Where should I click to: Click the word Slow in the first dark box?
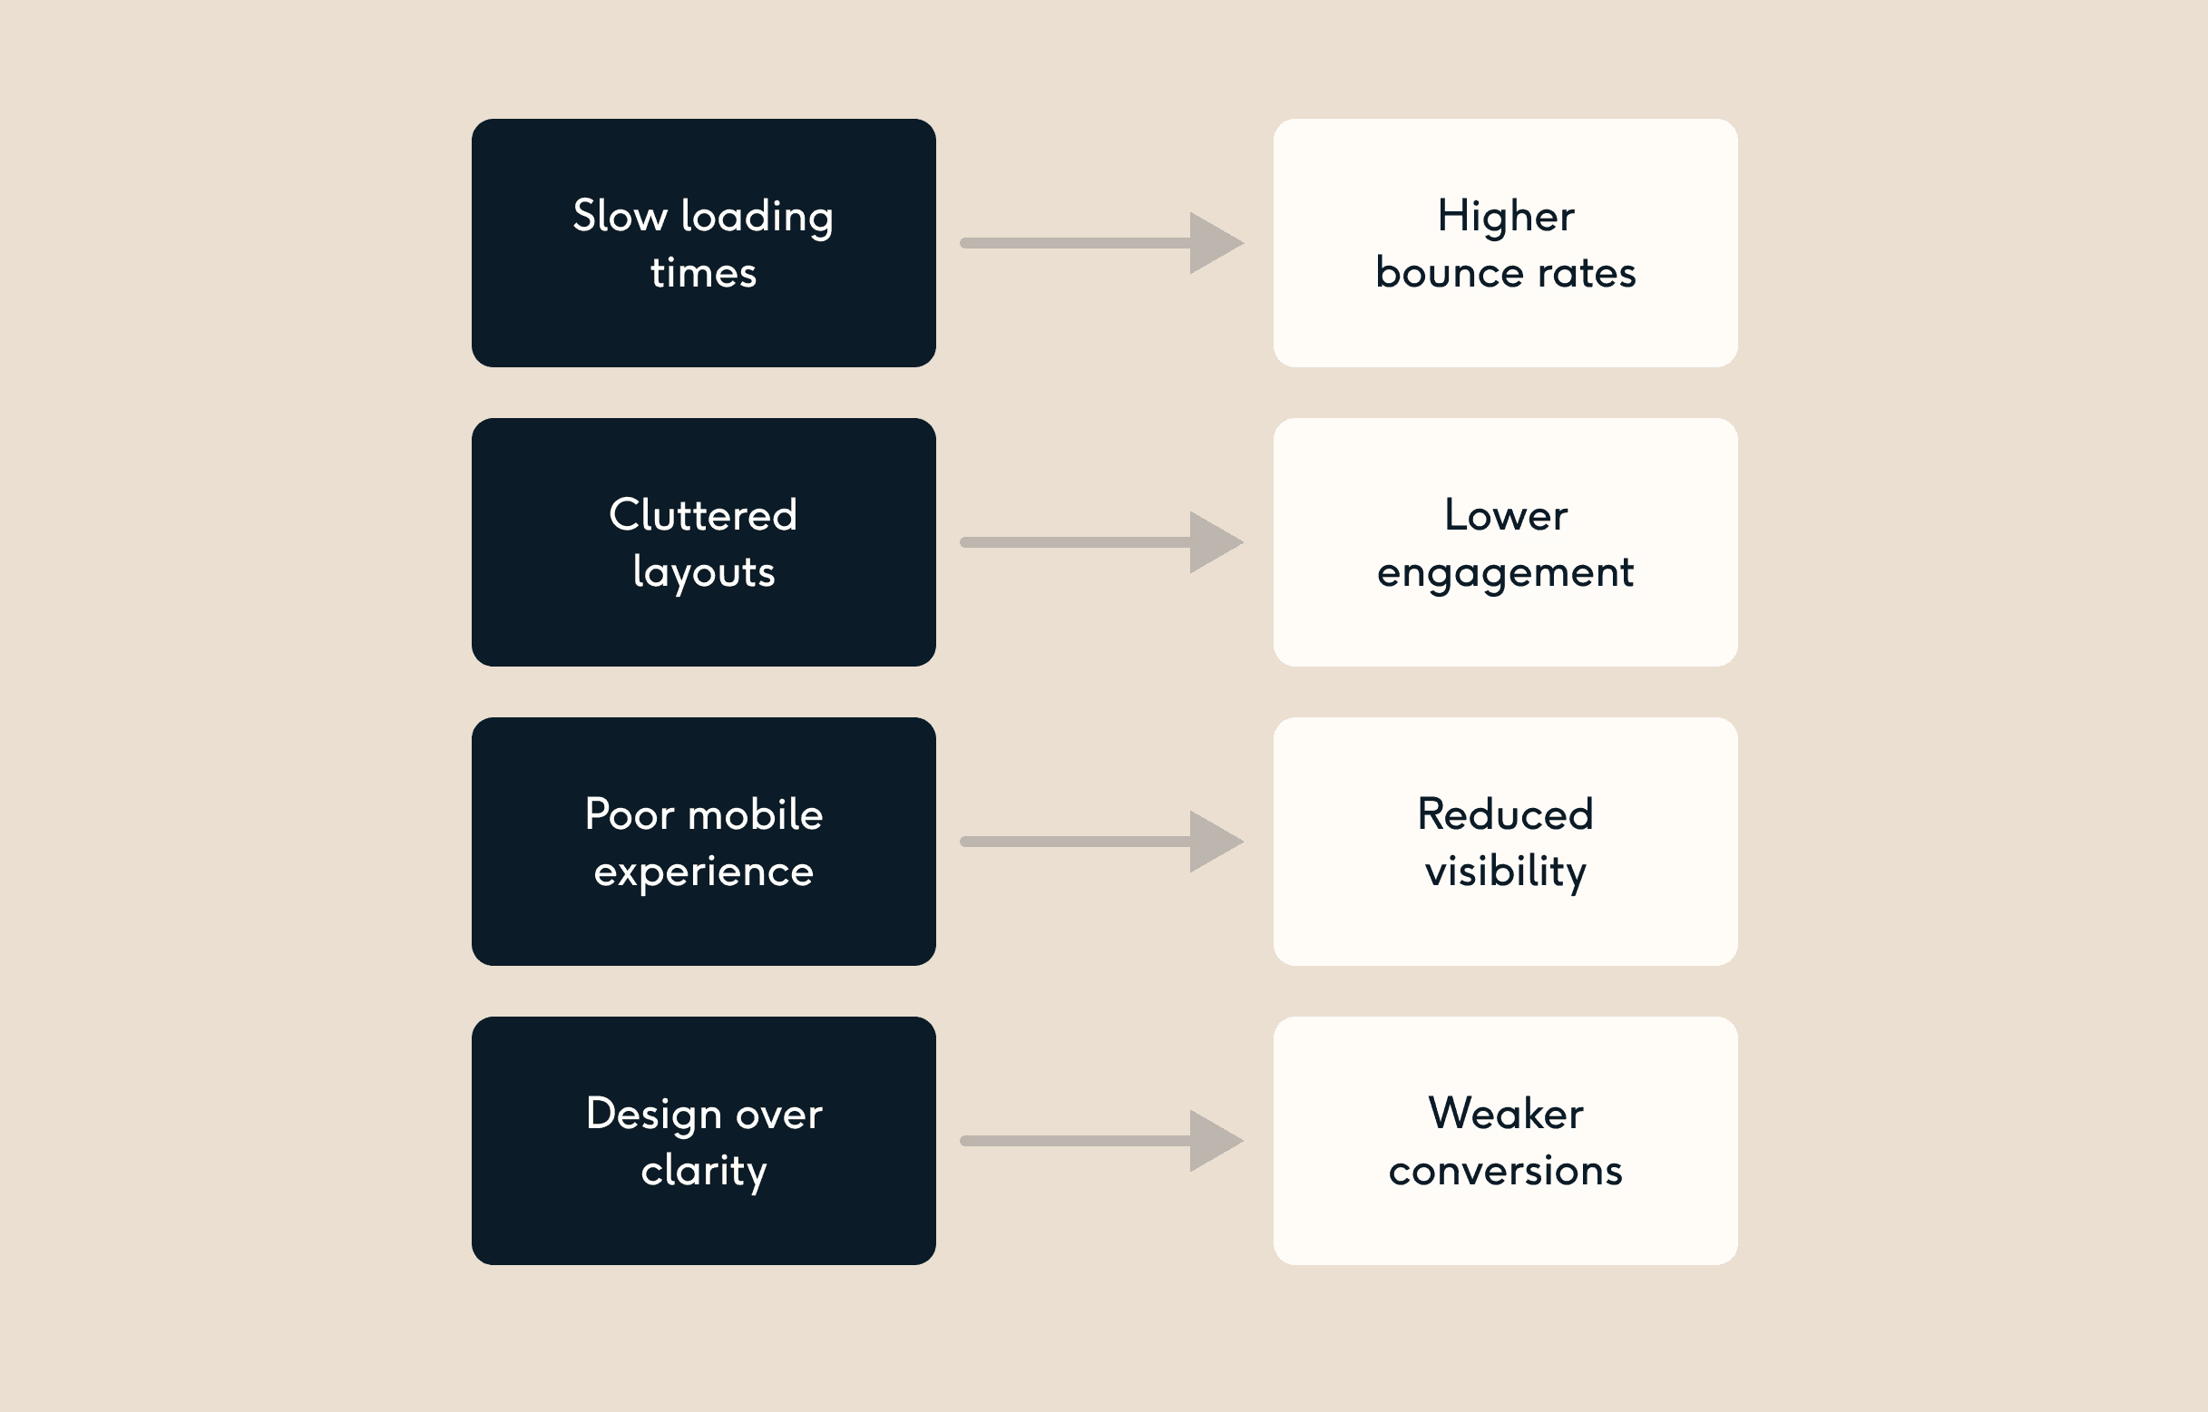point(620,218)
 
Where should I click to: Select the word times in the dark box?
point(703,273)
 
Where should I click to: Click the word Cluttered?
point(703,515)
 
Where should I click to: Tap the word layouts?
point(703,573)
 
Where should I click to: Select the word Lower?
point(1505,515)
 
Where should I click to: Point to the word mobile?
point(756,814)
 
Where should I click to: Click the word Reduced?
point(1505,814)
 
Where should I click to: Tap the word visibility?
point(1505,872)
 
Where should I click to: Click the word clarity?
point(703,1172)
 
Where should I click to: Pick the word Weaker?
point(1505,1114)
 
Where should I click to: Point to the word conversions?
point(1505,1172)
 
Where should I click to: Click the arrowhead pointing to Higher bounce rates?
point(1212,243)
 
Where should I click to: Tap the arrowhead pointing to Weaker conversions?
point(1212,1141)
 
